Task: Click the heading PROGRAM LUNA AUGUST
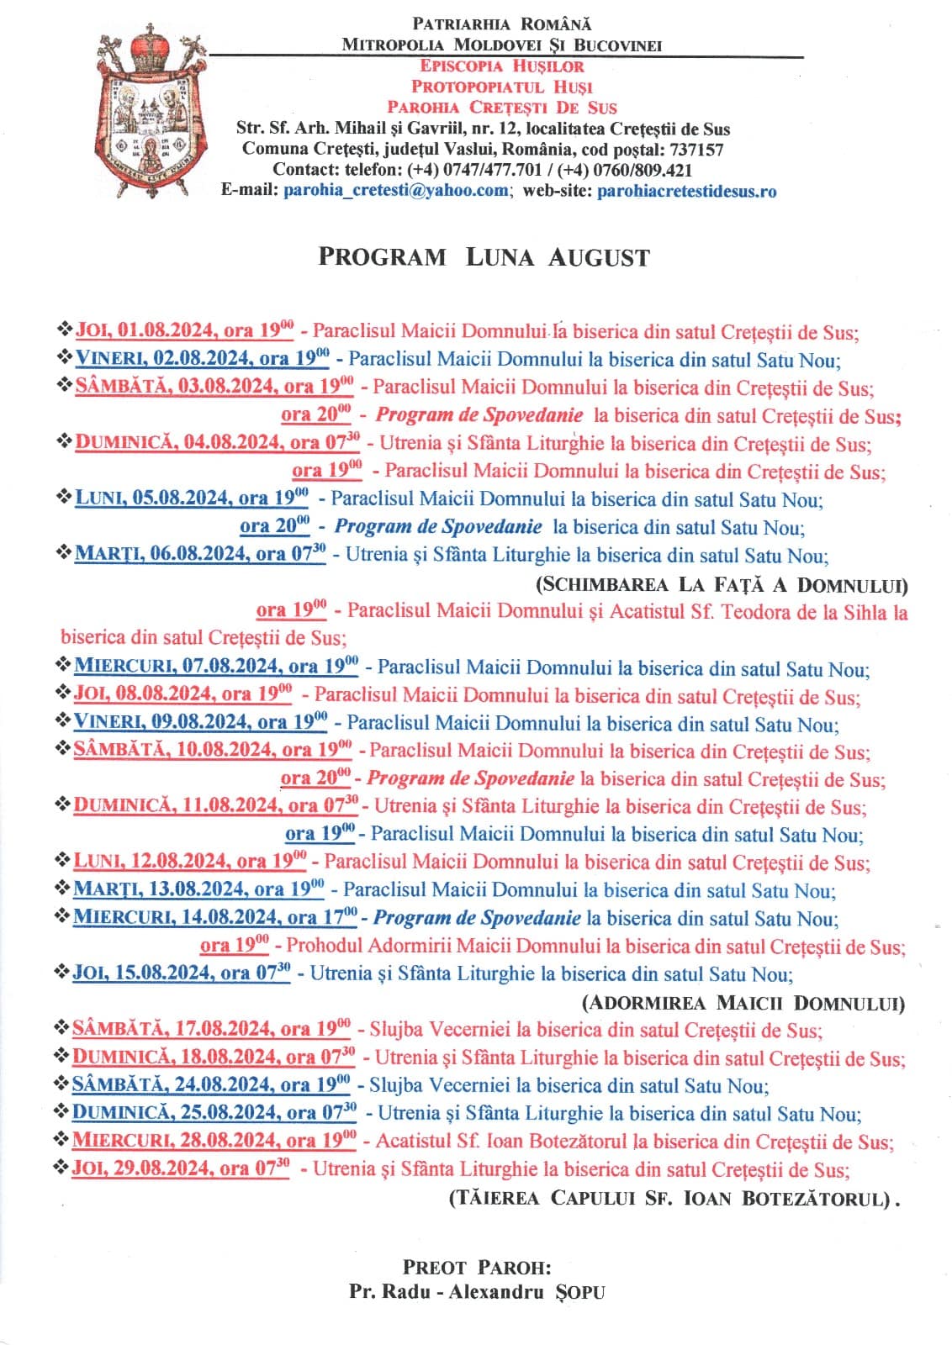[x=484, y=257]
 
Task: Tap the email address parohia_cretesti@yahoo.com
[x=395, y=191]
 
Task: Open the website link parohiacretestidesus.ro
[x=686, y=191]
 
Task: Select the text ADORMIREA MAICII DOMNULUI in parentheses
[x=743, y=1003]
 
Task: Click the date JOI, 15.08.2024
[x=144, y=973]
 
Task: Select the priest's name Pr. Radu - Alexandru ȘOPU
[x=477, y=1292]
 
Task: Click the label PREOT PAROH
[x=477, y=1268]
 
